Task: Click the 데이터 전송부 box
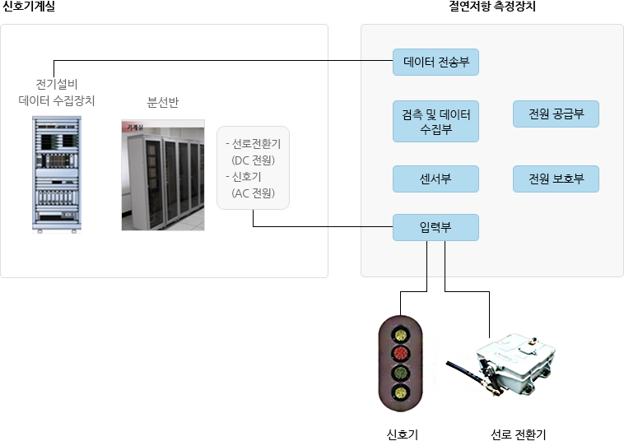[x=435, y=62]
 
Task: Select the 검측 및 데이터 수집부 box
[x=435, y=121]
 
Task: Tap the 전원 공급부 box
[x=556, y=114]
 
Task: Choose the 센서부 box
[x=435, y=179]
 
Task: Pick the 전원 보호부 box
[x=556, y=179]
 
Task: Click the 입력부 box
[x=435, y=227]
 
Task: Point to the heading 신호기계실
[x=29, y=6]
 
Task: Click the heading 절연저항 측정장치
[x=492, y=6]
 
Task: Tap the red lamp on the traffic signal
[x=400, y=353]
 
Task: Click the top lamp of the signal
[x=400, y=334]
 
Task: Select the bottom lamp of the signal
[x=400, y=392]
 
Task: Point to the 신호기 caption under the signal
[x=403, y=434]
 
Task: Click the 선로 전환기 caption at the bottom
[x=518, y=434]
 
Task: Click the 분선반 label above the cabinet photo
[x=163, y=102]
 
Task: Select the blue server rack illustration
[x=57, y=174]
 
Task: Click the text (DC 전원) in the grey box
[x=253, y=160]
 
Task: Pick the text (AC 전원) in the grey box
[x=253, y=193]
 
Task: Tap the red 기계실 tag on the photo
[x=133, y=127]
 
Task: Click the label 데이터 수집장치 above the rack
[x=57, y=100]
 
